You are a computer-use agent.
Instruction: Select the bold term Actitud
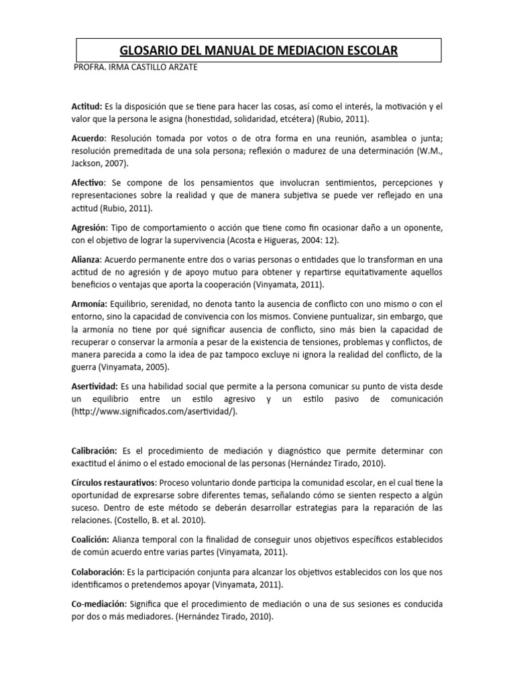pos(87,107)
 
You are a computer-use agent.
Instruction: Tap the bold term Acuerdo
pos(89,138)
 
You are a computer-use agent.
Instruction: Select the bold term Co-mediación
pos(99,604)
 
